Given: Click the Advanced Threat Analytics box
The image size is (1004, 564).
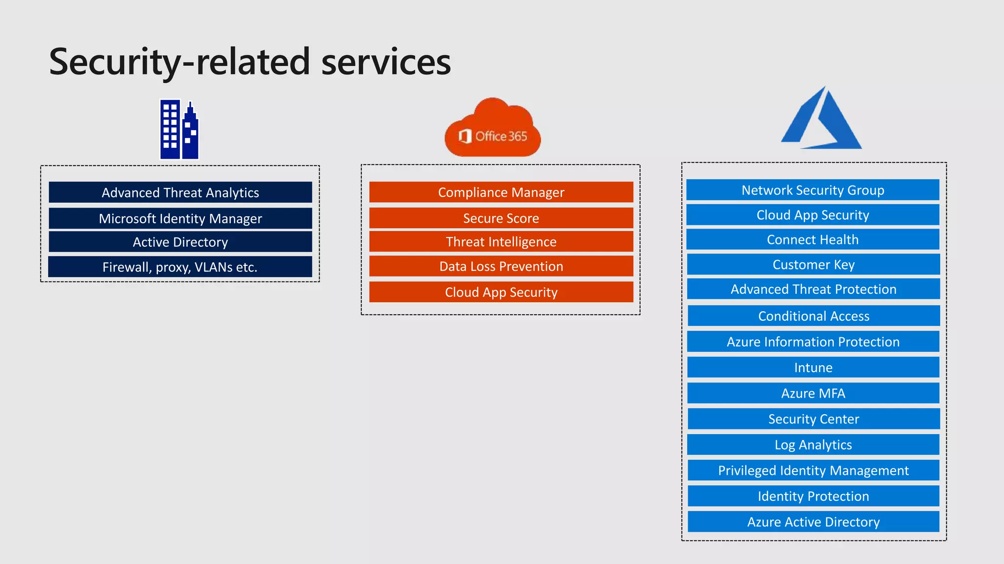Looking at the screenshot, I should (x=180, y=192).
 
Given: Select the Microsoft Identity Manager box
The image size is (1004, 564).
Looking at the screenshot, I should (x=180, y=218).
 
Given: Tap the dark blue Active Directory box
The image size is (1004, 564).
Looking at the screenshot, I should (x=180, y=242).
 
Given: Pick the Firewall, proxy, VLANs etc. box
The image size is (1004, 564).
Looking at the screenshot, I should (x=180, y=267).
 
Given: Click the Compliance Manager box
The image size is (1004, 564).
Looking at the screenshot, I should (x=501, y=192).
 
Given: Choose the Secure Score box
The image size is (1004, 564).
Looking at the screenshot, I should (x=501, y=218).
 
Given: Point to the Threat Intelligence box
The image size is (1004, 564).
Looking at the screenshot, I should (x=501, y=242).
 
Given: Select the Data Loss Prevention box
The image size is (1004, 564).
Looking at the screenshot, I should (x=501, y=266).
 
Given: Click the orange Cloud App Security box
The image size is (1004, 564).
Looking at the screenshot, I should (x=501, y=292).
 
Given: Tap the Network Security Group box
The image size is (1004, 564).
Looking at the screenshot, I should (x=813, y=190).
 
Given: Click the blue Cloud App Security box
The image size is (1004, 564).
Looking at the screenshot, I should (x=813, y=215).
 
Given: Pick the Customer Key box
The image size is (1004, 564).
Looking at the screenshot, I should (x=813, y=264).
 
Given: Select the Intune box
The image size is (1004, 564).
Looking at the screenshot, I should (x=813, y=367).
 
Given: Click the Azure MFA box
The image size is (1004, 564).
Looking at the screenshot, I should (x=813, y=393).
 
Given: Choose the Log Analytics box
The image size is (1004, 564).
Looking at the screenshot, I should (x=813, y=445).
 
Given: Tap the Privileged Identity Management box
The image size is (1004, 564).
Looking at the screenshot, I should (x=813, y=470).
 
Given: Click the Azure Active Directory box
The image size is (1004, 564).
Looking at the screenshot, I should (x=813, y=522).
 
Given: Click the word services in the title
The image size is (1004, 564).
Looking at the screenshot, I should (x=386, y=62).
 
